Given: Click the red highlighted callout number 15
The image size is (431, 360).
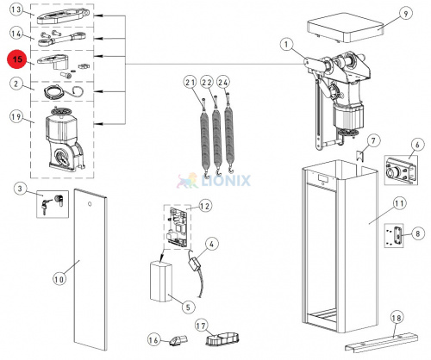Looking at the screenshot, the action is (17, 59).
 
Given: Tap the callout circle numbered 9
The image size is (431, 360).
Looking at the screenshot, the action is (405, 14).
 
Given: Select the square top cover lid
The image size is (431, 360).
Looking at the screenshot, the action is (346, 28).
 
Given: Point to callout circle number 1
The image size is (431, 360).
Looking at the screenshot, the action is (286, 45).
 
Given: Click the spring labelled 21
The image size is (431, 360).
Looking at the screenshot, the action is (205, 136).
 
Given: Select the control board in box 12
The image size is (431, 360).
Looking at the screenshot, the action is (178, 227).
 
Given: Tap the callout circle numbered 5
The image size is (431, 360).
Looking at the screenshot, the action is (188, 307).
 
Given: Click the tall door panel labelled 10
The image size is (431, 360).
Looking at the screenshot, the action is (91, 270).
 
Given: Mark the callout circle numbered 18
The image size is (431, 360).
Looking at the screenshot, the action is (397, 318).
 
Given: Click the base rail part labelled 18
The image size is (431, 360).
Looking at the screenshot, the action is (382, 342).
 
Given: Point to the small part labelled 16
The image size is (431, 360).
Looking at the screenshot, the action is (178, 340).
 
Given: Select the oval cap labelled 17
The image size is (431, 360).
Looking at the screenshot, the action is (223, 339).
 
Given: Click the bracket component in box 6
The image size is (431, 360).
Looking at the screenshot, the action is (400, 171).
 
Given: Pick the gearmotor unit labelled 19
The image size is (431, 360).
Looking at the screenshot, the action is (64, 141).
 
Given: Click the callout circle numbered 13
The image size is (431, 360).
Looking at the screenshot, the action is (17, 9).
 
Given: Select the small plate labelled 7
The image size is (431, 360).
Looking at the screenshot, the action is (360, 157).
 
